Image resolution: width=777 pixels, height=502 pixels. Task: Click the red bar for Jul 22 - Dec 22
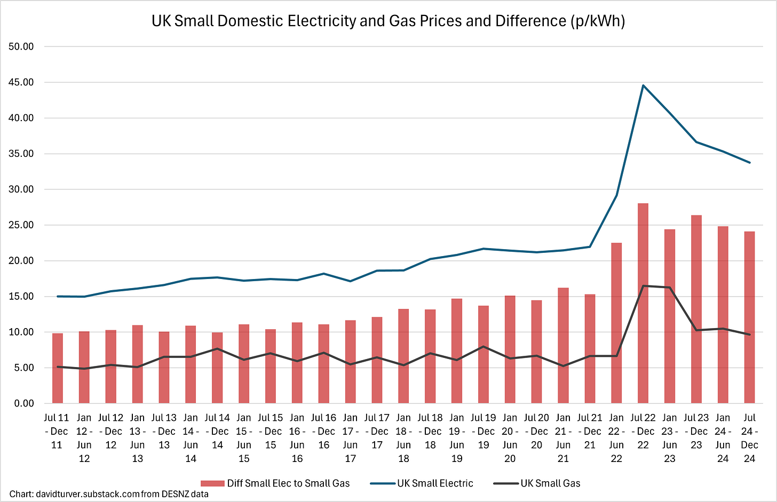pyautogui.click(x=643, y=304)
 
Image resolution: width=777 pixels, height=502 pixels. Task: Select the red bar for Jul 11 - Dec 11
pyautogui.click(x=58, y=368)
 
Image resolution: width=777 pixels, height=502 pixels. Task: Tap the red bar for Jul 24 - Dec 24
pyautogui.click(x=749, y=317)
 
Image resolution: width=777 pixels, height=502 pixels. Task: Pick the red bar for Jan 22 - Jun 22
pyautogui.click(x=616, y=323)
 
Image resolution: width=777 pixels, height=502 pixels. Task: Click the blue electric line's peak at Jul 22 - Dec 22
pyautogui.click(x=643, y=85)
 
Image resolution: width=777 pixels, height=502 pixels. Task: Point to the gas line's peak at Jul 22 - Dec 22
pyautogui.click(x=643, y=286)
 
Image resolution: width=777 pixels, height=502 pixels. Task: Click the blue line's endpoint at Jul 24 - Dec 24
pyautogui.click(x=750, y=163)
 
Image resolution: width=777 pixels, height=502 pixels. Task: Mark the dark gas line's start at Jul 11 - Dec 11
pyautogui.click(x=58, y=366)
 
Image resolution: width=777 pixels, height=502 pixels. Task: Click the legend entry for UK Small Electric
pyautogui.click(x=435, y=483)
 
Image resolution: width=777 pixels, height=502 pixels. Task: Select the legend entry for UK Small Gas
pyautogui.click(x=550, y=483)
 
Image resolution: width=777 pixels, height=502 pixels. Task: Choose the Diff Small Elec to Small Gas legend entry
pyautogui.click(x=288, y=483)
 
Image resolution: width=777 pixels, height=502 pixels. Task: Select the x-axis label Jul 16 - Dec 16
pyautogui.click(x=324, y=431)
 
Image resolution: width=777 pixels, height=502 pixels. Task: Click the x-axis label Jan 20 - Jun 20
pyautogui.click(x=510, y=437)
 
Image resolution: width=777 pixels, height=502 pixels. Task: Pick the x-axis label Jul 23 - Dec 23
pyautogui.click(x=696, y=431)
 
